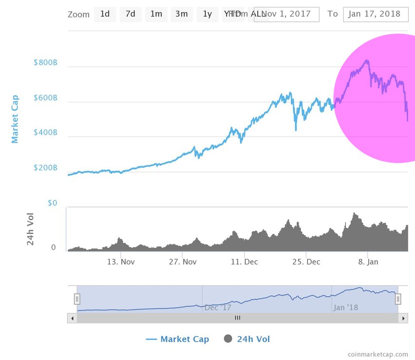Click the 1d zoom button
coord(105,14)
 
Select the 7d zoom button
coord(130,14)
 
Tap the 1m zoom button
coord(156,14)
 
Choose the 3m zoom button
coord(181,14)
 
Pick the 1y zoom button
coord(207,14)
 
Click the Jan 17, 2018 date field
coord(376,14)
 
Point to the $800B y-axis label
coord(45,63)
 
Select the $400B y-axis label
coord(45,133)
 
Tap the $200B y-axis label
coord(45,168)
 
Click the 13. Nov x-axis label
coord(121,262)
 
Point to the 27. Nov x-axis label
coord(183,262)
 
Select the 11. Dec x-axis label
coord(244,262)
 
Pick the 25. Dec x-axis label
coord(306,262)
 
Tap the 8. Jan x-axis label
coord(368,262)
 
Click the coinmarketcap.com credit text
coord(377,354)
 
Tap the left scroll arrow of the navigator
coord(72,318)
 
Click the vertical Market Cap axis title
coord(15,119)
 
